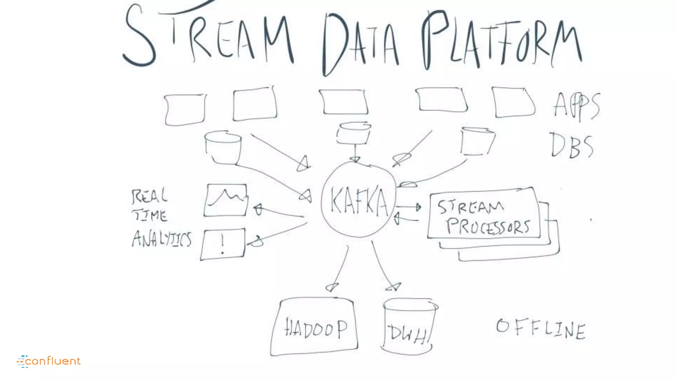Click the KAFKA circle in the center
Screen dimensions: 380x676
[x=359, y=200]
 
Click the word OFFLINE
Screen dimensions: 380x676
[x=541, y=329]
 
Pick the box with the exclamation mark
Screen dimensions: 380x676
[x=223, y=244]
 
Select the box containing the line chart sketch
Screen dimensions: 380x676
[x=226, y=200]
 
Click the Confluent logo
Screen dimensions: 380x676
[x=49, y=361]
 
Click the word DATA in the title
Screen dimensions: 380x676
[x=360, y=43]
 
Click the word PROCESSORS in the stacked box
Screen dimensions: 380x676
[x=488, y=227]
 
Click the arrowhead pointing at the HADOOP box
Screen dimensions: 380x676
[x=332, y=287]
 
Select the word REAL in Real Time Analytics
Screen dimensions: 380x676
[x=149, y=196]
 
